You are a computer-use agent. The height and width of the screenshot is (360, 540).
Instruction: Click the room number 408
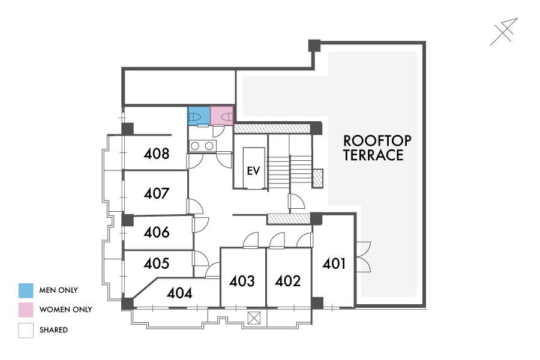point(157,154)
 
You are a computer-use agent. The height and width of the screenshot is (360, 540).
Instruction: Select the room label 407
point(157,193)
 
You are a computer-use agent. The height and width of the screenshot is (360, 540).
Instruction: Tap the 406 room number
point(157,232)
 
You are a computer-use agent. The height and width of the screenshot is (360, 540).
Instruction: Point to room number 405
point(157,263)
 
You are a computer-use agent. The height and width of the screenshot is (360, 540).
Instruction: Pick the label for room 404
point(179,293)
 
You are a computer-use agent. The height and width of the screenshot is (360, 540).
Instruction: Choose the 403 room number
point(242,281)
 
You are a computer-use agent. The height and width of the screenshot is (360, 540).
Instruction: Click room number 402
point(288,281)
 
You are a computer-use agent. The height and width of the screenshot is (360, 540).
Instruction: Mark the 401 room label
point(334,264)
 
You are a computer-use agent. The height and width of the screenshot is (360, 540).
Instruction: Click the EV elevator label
point(253,171)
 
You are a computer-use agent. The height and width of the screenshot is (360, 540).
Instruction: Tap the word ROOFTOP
point(377,141)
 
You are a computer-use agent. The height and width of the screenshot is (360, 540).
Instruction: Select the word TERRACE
point(373,155)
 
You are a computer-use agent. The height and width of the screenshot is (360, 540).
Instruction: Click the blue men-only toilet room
point(199,116)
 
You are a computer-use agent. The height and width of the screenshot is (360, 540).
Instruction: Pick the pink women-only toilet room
point(222,116)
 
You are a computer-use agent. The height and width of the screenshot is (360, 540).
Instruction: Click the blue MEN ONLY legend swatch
point(26,290)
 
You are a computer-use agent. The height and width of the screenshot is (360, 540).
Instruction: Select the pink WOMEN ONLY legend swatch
point(26,310)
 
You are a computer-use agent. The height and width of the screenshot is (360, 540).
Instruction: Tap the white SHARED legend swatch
point(26,330)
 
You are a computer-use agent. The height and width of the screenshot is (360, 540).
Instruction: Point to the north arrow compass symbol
point(504,32)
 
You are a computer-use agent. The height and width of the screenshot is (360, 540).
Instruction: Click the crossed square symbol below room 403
point(254,318)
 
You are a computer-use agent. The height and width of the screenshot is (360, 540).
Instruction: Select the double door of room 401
point(364,257)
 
